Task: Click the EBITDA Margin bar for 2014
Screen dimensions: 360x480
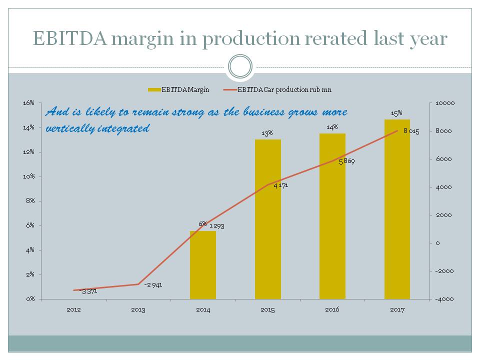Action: (203, 265)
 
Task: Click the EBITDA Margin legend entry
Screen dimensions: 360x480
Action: (178, 90)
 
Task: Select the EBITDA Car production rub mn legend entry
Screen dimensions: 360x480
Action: (278, 90)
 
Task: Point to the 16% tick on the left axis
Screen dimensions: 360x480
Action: (28, 103)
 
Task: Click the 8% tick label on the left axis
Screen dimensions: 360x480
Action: (30, 201)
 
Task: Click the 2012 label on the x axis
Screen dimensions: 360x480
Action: (73, 310)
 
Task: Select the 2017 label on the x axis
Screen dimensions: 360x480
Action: (397, 310)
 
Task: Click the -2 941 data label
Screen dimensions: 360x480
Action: (152, 284)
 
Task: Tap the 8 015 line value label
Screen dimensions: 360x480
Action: (411, 131)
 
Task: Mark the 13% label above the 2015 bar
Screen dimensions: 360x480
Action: (267, 133)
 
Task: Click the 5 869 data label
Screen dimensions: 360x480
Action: (346, 161)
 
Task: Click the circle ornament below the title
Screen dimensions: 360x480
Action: (240, 66)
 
